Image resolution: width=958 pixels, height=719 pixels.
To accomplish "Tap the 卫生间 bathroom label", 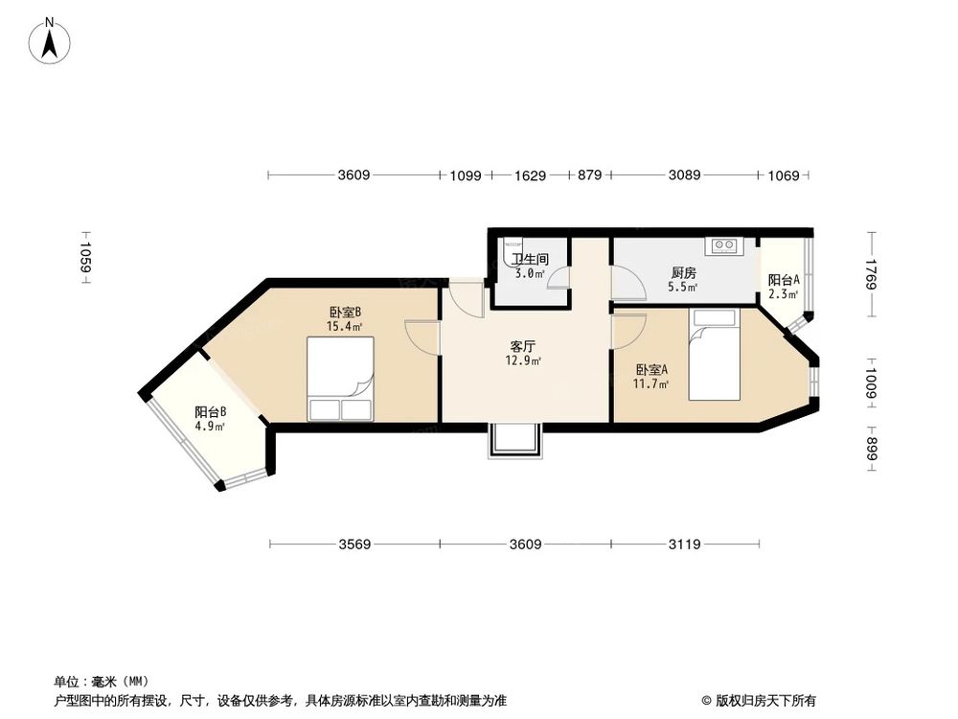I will click(529, 259).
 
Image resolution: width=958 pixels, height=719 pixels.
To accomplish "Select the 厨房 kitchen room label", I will click(683, 272).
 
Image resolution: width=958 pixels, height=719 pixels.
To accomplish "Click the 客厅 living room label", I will click(522, 346).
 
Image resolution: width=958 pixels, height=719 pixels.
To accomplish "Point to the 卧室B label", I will click(344, 312).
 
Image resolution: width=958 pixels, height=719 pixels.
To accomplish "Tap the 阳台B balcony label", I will click(210, 413).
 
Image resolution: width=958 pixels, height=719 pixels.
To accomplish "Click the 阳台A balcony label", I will click(783, 280).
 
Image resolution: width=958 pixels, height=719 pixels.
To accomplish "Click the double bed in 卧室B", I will click(341, 378).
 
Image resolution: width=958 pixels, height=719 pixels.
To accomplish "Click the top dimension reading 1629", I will click(530, 175).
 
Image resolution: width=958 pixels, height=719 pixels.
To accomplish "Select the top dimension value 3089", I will click(684, 175).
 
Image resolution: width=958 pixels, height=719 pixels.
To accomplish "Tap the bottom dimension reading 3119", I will click(684, 545).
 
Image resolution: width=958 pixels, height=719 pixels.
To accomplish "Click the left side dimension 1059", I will click(85, 258).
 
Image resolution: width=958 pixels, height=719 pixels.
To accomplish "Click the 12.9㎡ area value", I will click(523, 361).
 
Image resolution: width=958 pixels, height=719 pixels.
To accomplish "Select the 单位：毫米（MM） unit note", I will click(91, 681).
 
